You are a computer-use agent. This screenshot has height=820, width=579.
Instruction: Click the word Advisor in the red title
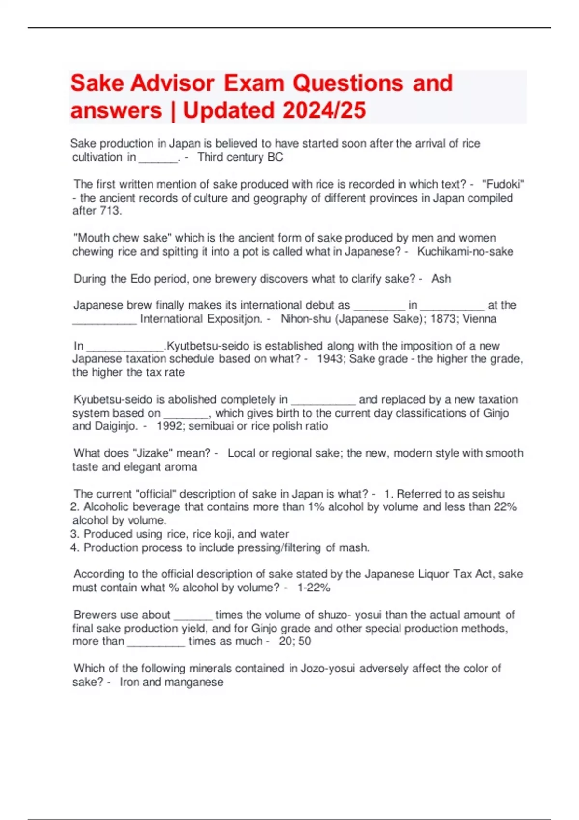(x=172, y=83)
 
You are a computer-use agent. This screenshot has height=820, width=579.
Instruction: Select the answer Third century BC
(x=240, y=157)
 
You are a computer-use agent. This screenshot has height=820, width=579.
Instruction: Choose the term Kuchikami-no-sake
(x=465, y=252)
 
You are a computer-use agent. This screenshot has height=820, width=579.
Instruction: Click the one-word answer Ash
(x=441, y=279)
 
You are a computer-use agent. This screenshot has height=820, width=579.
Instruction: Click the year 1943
(x=330, y=359)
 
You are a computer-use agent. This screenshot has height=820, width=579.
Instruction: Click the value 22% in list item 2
(x=505, y=507)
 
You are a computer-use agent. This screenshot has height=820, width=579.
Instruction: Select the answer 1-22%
(x=314, y=588)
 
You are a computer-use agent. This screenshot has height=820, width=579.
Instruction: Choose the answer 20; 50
(x=295, y=641)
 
